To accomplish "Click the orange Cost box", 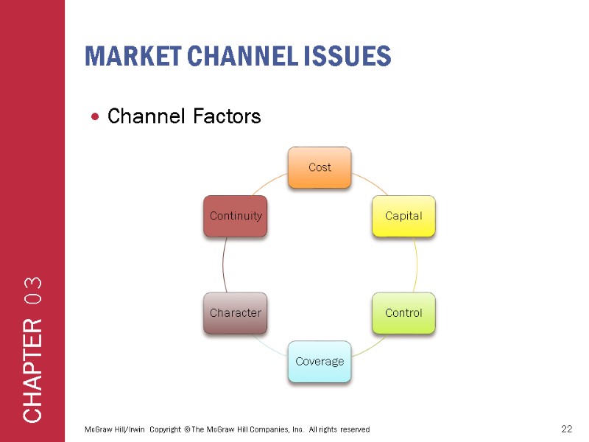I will point(320,167).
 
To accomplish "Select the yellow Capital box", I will point(403,216).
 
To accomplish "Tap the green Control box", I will point(403,312).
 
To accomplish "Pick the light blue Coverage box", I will point(320,361).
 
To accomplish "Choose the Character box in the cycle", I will point(236,312).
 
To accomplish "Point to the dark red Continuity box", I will point(236,216).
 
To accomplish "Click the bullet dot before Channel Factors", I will point(96,117).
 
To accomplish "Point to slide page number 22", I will point(566,429).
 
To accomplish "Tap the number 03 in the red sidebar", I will point(33,292).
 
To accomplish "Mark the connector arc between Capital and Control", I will point(416,264).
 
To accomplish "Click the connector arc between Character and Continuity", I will point(223,264).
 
